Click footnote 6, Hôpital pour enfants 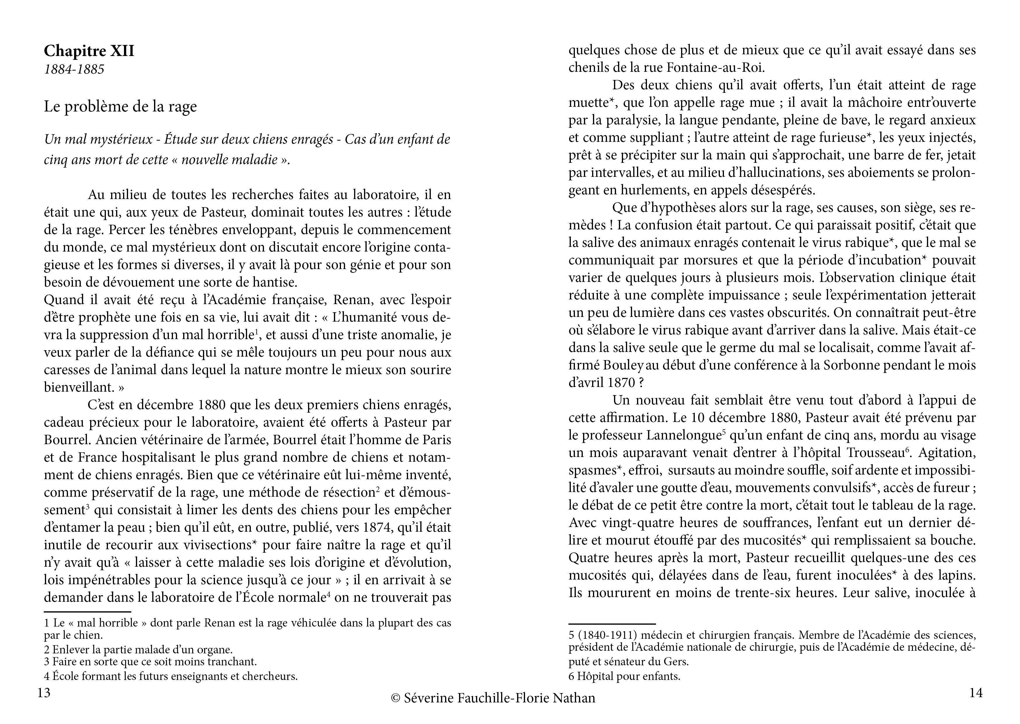click(x=624, y=676)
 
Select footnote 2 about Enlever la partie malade click(x=138, y=650)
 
